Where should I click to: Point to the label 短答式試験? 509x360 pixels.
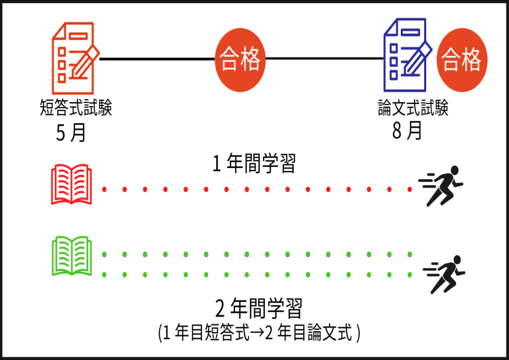[76, 108]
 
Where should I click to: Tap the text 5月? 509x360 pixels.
[71, 133]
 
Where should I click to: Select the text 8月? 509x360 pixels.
[407, 130]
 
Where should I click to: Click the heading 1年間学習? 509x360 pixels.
[253, 164]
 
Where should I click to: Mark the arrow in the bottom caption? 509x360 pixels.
[256, 335]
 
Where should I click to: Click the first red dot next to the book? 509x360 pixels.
[104, 189]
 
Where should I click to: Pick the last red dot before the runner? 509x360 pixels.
[410, 189]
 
